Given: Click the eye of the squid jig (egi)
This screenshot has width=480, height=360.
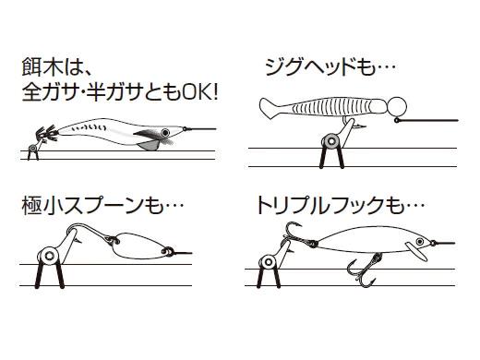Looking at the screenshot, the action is pos(165,132).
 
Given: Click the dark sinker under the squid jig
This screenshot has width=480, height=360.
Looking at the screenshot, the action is pos(148,146).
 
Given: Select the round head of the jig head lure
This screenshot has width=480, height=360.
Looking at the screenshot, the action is pos(397,106).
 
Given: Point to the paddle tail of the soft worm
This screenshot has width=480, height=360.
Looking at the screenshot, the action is pos(271,107).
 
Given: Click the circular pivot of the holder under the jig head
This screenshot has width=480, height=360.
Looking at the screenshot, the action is pos(331,141).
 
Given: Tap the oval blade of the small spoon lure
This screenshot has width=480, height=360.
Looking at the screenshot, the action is pos(139,246).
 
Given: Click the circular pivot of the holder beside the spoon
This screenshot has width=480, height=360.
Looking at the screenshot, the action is pos(49,255).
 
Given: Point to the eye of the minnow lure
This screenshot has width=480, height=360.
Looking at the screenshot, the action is pos(420,242).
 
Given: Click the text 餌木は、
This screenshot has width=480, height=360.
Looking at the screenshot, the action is pos(56,68).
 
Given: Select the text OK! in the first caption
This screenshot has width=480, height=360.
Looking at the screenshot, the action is pos(200,91).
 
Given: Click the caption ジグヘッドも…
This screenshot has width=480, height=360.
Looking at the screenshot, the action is pos(330,67).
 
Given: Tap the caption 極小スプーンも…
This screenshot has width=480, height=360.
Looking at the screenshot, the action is pos(102,206).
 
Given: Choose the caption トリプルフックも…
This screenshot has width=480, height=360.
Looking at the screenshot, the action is pos(341,206).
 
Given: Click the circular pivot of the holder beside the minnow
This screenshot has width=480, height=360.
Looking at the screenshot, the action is pos(269,262).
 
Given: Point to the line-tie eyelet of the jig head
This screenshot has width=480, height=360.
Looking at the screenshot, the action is pos(397,120).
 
